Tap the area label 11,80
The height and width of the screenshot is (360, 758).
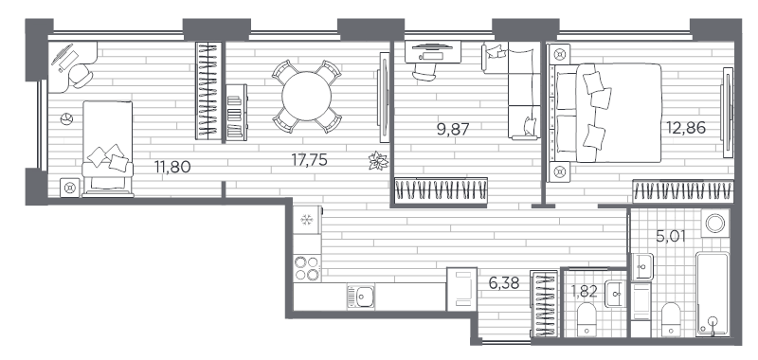tap(172, 169)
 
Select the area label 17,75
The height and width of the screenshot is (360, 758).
tap(310, 160)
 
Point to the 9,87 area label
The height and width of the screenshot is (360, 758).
tap(453, 129)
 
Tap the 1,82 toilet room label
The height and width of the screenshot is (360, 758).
tap(584, 291)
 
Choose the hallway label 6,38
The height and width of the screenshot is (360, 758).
tap(503, 281)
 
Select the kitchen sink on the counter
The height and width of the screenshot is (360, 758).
tap(361, 296)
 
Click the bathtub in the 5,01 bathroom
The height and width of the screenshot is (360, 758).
tap(712, 293)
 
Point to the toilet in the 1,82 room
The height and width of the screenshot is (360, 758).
tap(586, 316)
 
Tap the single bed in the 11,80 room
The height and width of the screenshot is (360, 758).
tap(107, 147)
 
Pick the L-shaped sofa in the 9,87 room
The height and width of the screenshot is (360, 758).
tap(516, 90)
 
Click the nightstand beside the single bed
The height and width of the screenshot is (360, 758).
tap(69, 187)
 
